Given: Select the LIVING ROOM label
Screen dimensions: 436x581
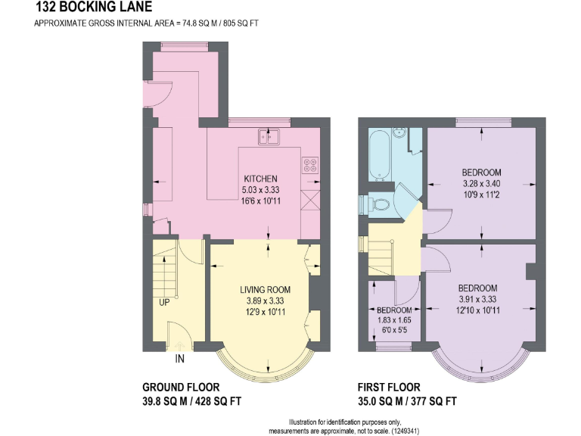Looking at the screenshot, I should pyautogui.click(x=266, y=290).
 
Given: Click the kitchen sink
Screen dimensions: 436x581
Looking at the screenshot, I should pyautogui.click(x=268, y=136).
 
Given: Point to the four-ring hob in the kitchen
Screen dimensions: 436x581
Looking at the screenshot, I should pyautogui.click(x=310, y=164).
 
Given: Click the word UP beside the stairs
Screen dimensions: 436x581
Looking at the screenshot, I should pyautogui.click(x=164, y=303).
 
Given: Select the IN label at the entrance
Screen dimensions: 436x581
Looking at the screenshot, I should pyautogui.click(x=180, y=358).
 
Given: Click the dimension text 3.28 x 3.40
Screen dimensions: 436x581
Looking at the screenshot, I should pyautogui.click(x=482, y=183).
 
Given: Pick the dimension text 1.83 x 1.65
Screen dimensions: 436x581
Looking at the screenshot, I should pyautogui.click(x=394, y=321).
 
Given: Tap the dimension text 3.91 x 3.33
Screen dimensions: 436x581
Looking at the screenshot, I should pyautogui.click(x=477, y=298).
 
